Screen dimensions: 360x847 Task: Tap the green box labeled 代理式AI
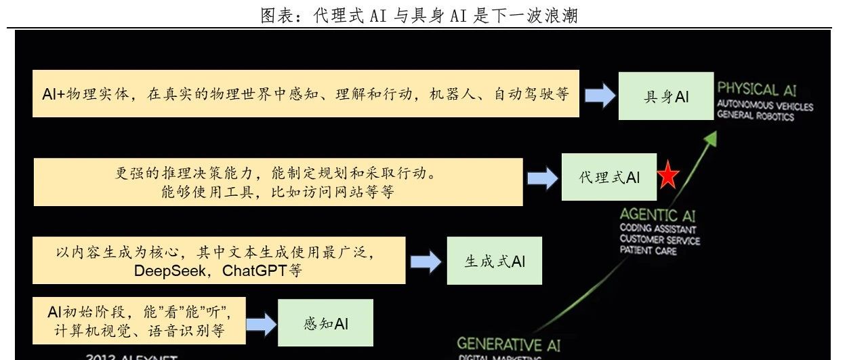[x=609, y=177]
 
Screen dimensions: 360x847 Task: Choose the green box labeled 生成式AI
[x=495, y=261]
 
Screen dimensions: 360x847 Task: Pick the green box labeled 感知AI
[x=326, y=323]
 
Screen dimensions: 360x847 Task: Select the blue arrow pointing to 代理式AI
[x=542, y=178]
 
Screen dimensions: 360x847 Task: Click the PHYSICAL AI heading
[x=757, y=89]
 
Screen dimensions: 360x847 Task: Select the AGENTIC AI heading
[x=657, y=216]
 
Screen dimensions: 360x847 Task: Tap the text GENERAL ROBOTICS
[x=756, y=117]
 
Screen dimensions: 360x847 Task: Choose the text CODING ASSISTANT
[x=657, y=229]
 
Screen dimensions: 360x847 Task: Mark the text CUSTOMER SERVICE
[x=659, y=240]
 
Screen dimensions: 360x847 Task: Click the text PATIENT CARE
[x=648, y=251]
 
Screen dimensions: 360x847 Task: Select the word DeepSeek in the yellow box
[x=164, y=271]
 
